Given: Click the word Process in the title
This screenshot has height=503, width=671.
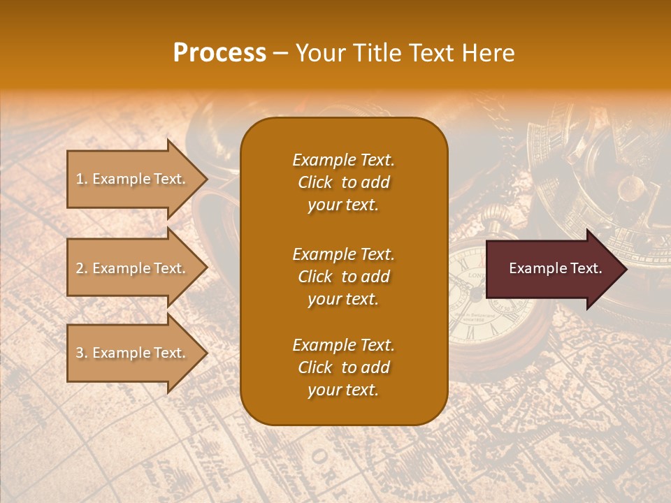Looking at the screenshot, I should point(219,53).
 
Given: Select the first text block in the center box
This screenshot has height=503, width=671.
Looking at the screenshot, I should point(343,182).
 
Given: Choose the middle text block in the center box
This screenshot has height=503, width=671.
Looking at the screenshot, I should point(343,277).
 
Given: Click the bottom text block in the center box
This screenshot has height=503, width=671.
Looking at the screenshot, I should point(343,367).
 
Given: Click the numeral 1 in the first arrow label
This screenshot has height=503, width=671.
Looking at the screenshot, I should point(79,179).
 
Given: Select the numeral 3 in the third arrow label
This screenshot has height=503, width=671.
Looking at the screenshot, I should point(79,353).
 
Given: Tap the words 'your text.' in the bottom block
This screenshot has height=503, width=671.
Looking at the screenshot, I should point(343,390).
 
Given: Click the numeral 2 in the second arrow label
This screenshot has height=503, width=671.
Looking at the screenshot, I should point(79,268).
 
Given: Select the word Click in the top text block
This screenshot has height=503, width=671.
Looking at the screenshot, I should point(315,182).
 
